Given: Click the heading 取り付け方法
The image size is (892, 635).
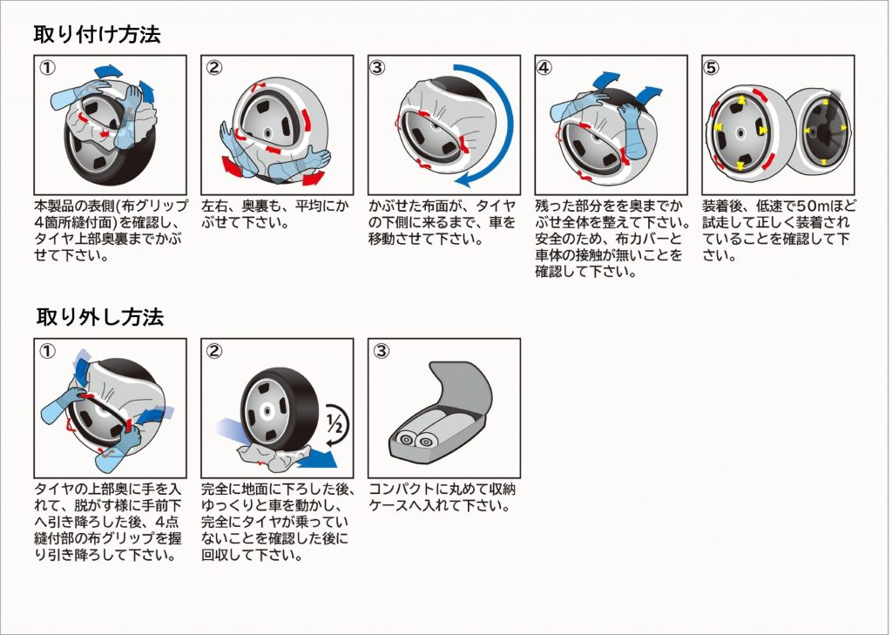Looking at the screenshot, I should (x=97, y=35).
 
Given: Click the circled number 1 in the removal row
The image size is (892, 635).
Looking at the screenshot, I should (x=50, y=352).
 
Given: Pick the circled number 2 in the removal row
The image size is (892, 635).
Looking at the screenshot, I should (x=214, y=352).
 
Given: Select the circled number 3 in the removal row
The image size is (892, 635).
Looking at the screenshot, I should (x=381, y=352).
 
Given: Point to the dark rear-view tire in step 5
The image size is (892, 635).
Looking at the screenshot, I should (x=823, y=131).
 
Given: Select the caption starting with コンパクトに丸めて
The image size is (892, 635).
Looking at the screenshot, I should (x=438, y=497).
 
